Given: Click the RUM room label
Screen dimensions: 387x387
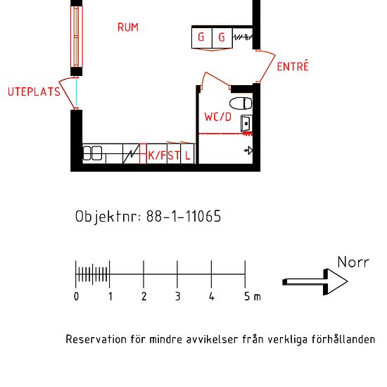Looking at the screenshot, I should click(127, 27).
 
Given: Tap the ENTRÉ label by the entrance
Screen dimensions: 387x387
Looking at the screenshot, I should click(293, 67).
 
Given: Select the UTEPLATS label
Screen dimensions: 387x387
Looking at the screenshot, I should click(34, 92).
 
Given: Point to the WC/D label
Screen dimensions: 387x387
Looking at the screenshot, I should click(218, 116).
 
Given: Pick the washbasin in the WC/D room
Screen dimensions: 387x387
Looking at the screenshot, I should click(246, 125).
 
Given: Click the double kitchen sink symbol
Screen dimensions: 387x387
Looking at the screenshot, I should click(93, 153).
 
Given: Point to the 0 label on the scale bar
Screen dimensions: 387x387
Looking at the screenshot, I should click(77, 297).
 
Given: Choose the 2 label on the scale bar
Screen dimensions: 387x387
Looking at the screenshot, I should click(144, 297).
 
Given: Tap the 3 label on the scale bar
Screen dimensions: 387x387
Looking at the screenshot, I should click(177, 297).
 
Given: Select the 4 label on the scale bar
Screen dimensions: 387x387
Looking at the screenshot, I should click(211, 297).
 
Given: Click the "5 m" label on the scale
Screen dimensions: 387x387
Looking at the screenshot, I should click(252, 297).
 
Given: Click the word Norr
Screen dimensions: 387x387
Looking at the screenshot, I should click(353, 262).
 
